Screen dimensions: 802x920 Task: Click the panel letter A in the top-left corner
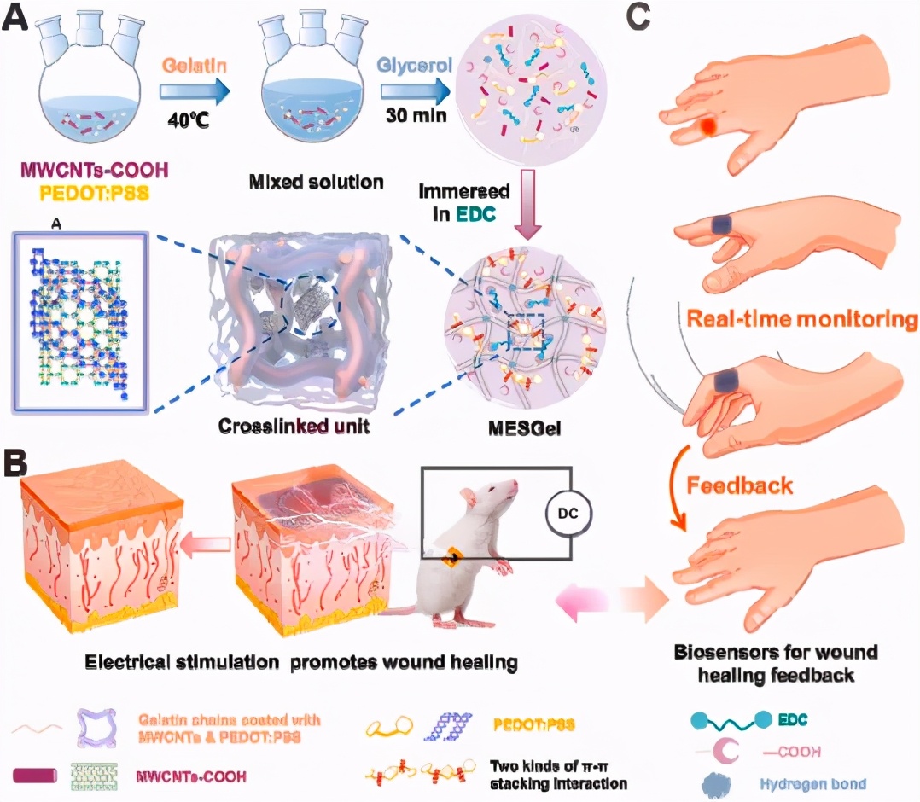(x=19, y=19)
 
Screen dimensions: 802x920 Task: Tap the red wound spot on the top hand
(x=707, y=127)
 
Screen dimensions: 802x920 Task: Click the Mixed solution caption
(x=316, y=181)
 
